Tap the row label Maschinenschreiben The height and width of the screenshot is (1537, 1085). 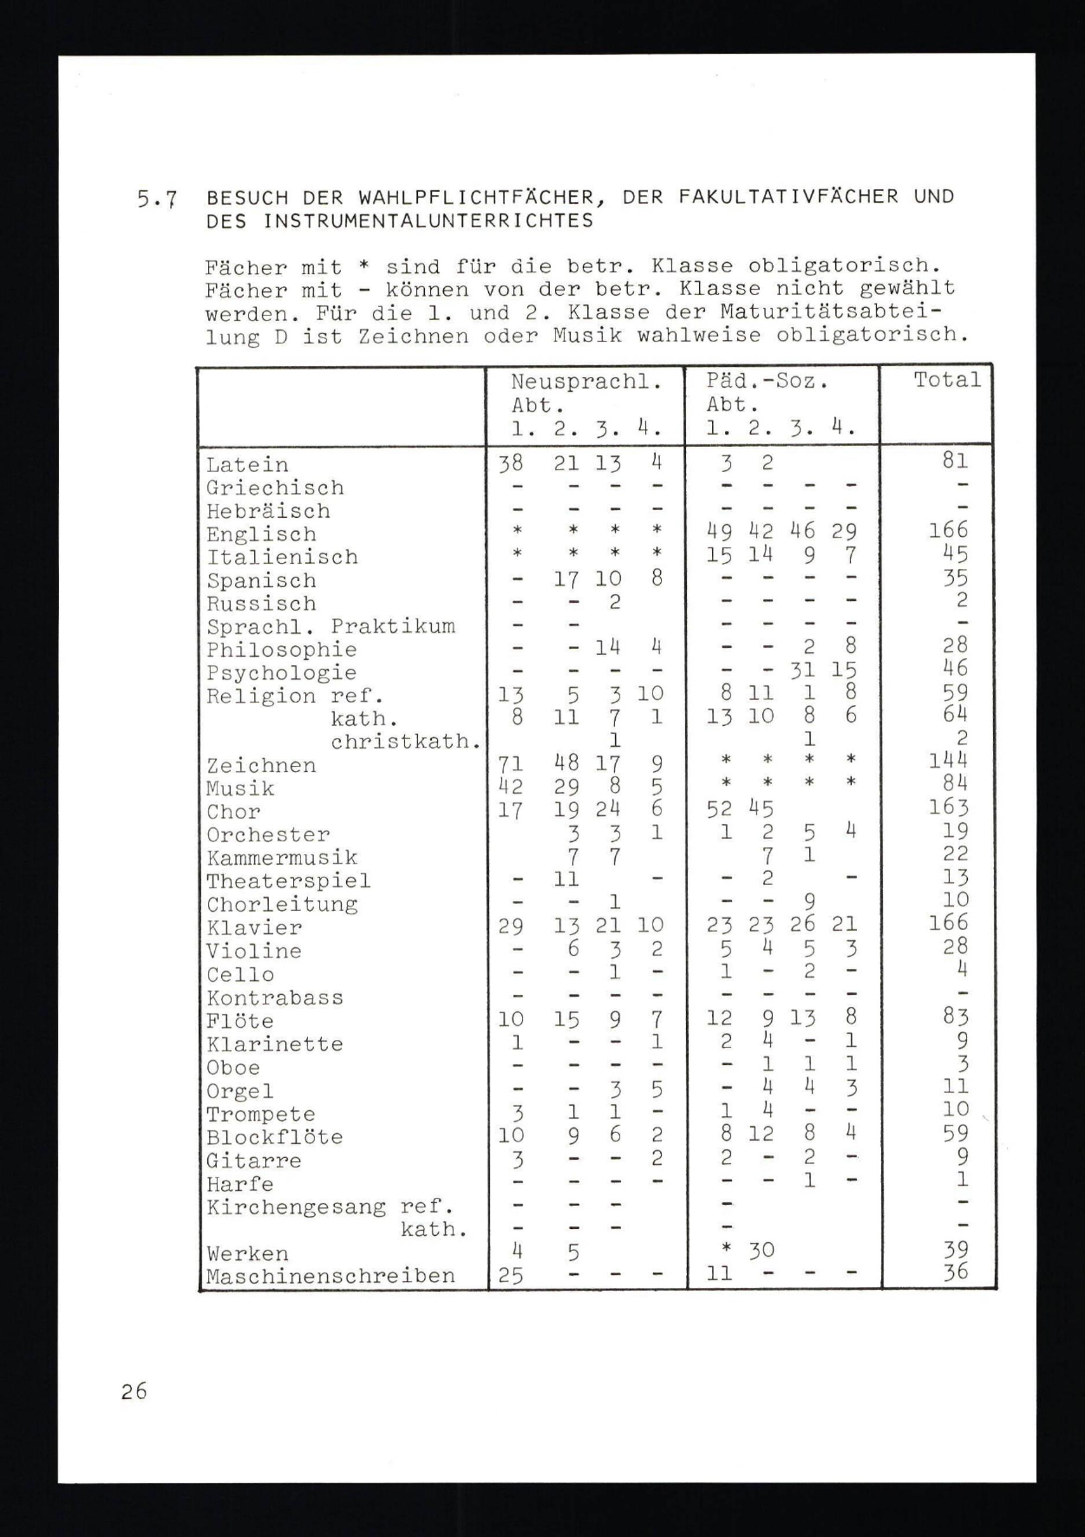331,1276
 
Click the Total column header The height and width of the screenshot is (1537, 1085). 947,380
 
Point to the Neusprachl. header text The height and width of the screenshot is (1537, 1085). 586,382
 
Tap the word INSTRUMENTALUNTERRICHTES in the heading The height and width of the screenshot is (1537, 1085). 429,221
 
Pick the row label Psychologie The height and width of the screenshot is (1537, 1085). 281,673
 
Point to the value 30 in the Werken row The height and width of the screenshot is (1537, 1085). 762,1250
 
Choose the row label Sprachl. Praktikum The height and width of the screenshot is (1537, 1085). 331,627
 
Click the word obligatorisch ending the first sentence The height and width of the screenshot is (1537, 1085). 844,266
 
